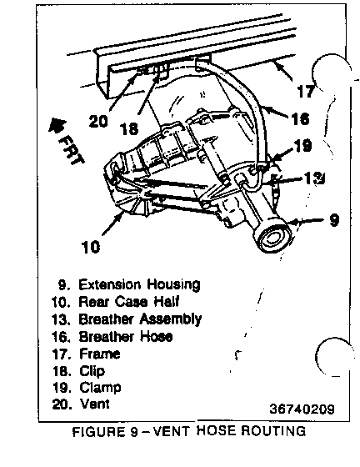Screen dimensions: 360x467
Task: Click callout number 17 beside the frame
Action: (x=306, y=91)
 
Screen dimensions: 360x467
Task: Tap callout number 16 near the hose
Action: (x=301, y=118)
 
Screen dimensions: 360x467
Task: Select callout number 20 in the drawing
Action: (x=98, y=122)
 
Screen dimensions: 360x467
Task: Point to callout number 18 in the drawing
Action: (x=129, y=129)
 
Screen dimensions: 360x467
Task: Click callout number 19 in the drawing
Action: (x=302, y=146)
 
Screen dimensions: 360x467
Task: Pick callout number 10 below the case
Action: (x=91, y=247)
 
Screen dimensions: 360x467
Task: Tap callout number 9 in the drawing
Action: (x=334, y=220)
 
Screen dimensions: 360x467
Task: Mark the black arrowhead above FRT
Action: (x=56, y=125)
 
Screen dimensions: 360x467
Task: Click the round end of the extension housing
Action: (x=272, y=239)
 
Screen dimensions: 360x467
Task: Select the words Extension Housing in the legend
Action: (x=139, y=284)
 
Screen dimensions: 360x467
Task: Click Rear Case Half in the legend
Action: (x=128, y=301)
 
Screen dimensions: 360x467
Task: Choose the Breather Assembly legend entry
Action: (x=140, y=319)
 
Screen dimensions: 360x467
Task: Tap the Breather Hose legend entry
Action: (x=126, y=337)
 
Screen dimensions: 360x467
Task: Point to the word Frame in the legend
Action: (x=100, y=354)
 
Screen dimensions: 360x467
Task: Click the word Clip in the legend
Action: (x=92, y=371)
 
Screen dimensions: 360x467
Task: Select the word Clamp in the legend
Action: (x=100, y=388)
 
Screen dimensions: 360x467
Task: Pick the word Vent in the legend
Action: (x=95, y=404)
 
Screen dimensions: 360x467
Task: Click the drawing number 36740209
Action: (x=302, y=409)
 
